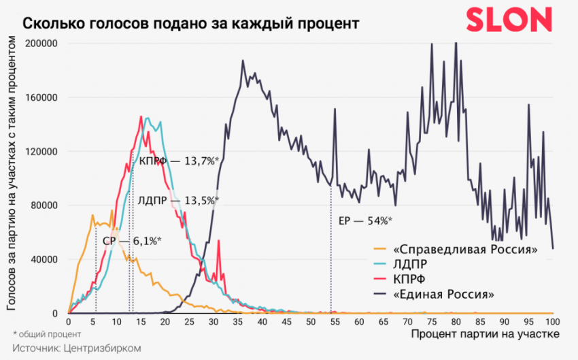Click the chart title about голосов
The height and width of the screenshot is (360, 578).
pos(191,23)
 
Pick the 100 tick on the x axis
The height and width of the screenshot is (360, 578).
pos(552,321)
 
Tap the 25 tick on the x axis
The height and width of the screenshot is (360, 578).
pos(189,321)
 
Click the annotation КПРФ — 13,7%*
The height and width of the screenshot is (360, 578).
pos(178,162)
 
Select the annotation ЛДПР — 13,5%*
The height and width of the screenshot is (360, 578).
pos(178,201)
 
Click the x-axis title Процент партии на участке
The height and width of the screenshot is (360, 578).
pos(486,334)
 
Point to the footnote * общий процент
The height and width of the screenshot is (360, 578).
pos(47,334)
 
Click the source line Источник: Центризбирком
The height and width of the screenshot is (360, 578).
pos(75,348)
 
